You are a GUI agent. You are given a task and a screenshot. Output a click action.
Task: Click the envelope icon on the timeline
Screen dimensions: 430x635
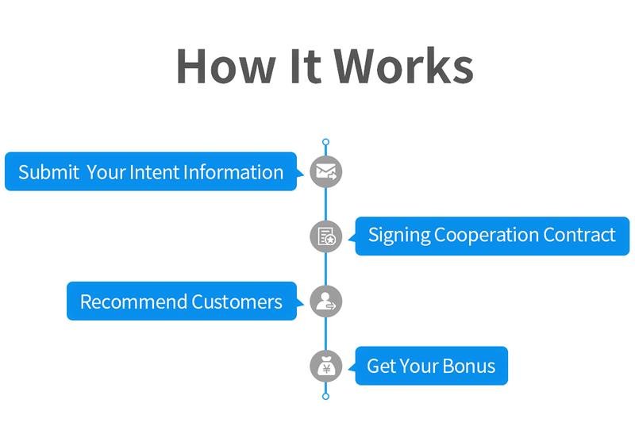(x=325, y=171)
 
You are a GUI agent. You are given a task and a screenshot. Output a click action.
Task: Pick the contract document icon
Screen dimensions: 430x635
(x=325, y=236)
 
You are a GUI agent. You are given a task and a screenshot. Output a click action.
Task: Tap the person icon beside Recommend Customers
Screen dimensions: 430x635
(x=325, y=301)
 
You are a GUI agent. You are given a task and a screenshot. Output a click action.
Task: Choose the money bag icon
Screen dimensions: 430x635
(x=325, y=366)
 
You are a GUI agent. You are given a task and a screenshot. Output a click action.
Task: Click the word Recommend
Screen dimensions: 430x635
(x=133, y=301)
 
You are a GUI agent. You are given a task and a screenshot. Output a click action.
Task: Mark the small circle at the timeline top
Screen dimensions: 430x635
(x=325, y=143)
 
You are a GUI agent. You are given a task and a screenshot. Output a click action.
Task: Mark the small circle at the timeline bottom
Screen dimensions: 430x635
(x=325, y=395)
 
